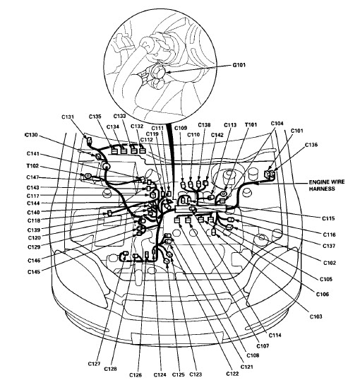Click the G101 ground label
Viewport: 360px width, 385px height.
(x=239, y=65)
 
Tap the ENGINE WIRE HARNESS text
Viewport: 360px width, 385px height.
(x=326, y=185)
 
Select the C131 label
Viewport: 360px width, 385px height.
(x=68, y=117)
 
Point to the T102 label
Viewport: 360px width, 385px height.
(x=32, y=166)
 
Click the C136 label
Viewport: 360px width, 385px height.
(x=311, y=145)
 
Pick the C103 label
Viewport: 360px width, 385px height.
(x=316, y=316)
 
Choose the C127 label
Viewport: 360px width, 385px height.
(x=94, y=364)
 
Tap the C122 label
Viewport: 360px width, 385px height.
(x=232, y=374)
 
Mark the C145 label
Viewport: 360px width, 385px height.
(x=34, y=272)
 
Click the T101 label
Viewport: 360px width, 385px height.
(x=251, y=125)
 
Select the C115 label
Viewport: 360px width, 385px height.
(x=328, y=218)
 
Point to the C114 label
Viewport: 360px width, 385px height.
(x=275, y=335)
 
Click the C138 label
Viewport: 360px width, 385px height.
(x=204, y=125)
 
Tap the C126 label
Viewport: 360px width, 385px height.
(x=136, y=375)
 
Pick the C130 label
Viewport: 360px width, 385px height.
(x=31, y=135)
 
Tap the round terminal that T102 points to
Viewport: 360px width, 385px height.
(x=88, y=176)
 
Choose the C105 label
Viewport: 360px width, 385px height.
(x=326, y=279)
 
